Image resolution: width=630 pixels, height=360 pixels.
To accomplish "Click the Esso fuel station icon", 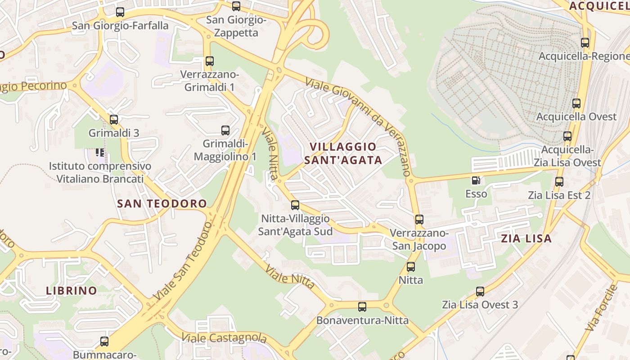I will (x=476, y=181).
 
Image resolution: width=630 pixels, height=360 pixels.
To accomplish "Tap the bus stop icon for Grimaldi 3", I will (x=114, y=120).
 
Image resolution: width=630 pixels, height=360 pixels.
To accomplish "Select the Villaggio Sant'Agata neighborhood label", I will (x=343, y=153).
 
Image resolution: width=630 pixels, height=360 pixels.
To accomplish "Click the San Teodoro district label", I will (x=162, y=203).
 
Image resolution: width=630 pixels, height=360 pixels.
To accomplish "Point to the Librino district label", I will (x=72, y=291).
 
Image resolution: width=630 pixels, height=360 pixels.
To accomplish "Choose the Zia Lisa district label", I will (x=526, y=238).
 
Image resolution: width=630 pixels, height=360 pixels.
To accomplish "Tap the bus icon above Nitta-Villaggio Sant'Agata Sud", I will (x=295, y=205).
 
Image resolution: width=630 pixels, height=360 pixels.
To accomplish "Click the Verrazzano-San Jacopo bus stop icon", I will (x=419, y=220).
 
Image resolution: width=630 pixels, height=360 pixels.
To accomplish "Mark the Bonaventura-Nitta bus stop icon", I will (x=362, y=307).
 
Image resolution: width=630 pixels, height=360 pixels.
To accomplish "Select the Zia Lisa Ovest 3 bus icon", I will (x=480, y=292).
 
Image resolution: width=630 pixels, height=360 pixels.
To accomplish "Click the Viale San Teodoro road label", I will (x=182, y=261).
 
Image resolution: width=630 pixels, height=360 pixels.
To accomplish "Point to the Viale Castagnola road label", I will (x=224, y=337).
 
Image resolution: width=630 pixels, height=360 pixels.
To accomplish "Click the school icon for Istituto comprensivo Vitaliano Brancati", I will (x=100, y=153).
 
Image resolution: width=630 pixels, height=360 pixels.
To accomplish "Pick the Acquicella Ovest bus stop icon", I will (x=576, y=103).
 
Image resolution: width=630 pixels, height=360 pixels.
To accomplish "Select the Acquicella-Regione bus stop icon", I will (x=585, y=43).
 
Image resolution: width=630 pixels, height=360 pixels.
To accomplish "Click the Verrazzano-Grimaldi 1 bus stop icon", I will (x=210, y=61).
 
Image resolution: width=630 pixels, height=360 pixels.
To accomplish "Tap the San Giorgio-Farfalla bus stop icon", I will (x=120, y=13).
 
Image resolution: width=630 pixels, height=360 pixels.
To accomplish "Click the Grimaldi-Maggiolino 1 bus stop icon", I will (x=225, y=131).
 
